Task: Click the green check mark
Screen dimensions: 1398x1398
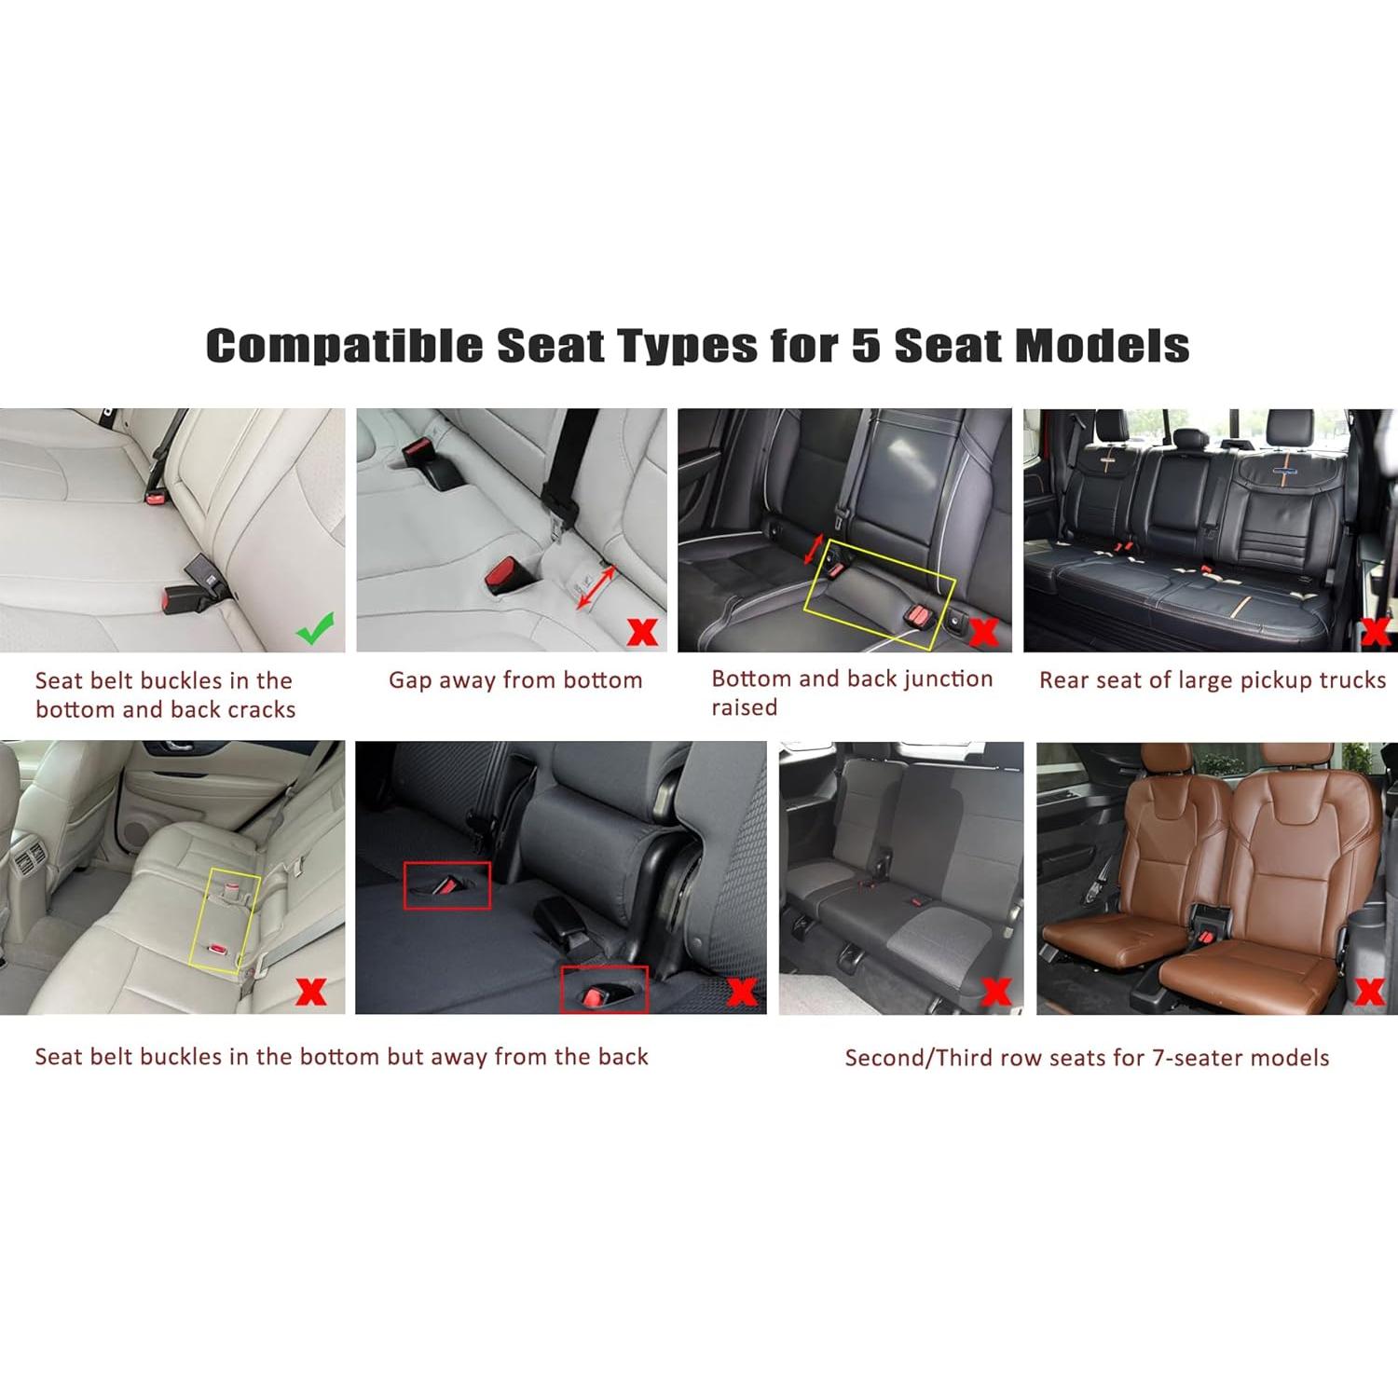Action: [x=315, y=629]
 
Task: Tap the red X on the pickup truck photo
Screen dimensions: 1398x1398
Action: [x=1376, y=632]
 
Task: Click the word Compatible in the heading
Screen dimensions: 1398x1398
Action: [x=344, y=346]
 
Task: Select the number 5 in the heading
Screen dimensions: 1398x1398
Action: [x=866, y=346]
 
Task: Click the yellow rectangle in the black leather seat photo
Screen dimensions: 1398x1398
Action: [x=879, y=590]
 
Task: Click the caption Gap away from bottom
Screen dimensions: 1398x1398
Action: [x=515, y=680]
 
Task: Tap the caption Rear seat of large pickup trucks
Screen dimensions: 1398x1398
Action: [x=1212, y=680]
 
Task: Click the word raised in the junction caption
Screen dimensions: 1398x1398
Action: [x=744, y=708]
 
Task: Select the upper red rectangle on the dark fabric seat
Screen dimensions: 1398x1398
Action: [x=446, y=885]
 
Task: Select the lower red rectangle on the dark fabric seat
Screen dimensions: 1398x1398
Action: [x=604, y=989]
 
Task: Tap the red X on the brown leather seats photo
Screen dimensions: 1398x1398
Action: [x=1369, y=990]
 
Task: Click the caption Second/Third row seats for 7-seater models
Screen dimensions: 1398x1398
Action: [x=1087, y=1058]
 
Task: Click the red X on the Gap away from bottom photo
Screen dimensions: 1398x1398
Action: [x=643, y=632]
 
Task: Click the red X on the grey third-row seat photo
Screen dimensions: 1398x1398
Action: [x=995, y=990]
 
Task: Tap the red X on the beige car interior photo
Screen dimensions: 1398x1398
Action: [x=310, y=991]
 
